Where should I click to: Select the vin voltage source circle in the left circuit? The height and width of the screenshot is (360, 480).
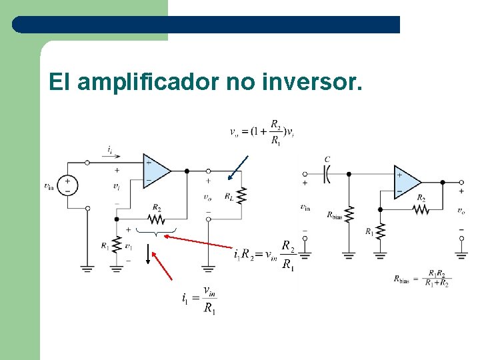67,185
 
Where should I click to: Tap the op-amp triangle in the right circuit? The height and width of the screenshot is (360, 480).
407,181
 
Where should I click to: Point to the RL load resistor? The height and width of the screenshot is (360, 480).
241,197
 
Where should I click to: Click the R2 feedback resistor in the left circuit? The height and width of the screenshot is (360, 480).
156,219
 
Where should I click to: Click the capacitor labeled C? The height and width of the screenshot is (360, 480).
327,173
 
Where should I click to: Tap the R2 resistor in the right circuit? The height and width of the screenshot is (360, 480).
421,209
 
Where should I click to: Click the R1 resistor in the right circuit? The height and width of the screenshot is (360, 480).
380,231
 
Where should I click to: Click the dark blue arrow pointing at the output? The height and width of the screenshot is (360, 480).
238,168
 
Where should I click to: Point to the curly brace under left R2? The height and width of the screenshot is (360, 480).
155,232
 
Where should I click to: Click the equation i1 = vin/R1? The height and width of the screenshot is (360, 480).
199,298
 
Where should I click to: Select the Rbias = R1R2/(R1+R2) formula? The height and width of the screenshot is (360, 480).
422,278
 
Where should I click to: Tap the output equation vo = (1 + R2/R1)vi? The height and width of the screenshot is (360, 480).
261,131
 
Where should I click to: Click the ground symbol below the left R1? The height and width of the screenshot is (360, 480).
117,268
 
